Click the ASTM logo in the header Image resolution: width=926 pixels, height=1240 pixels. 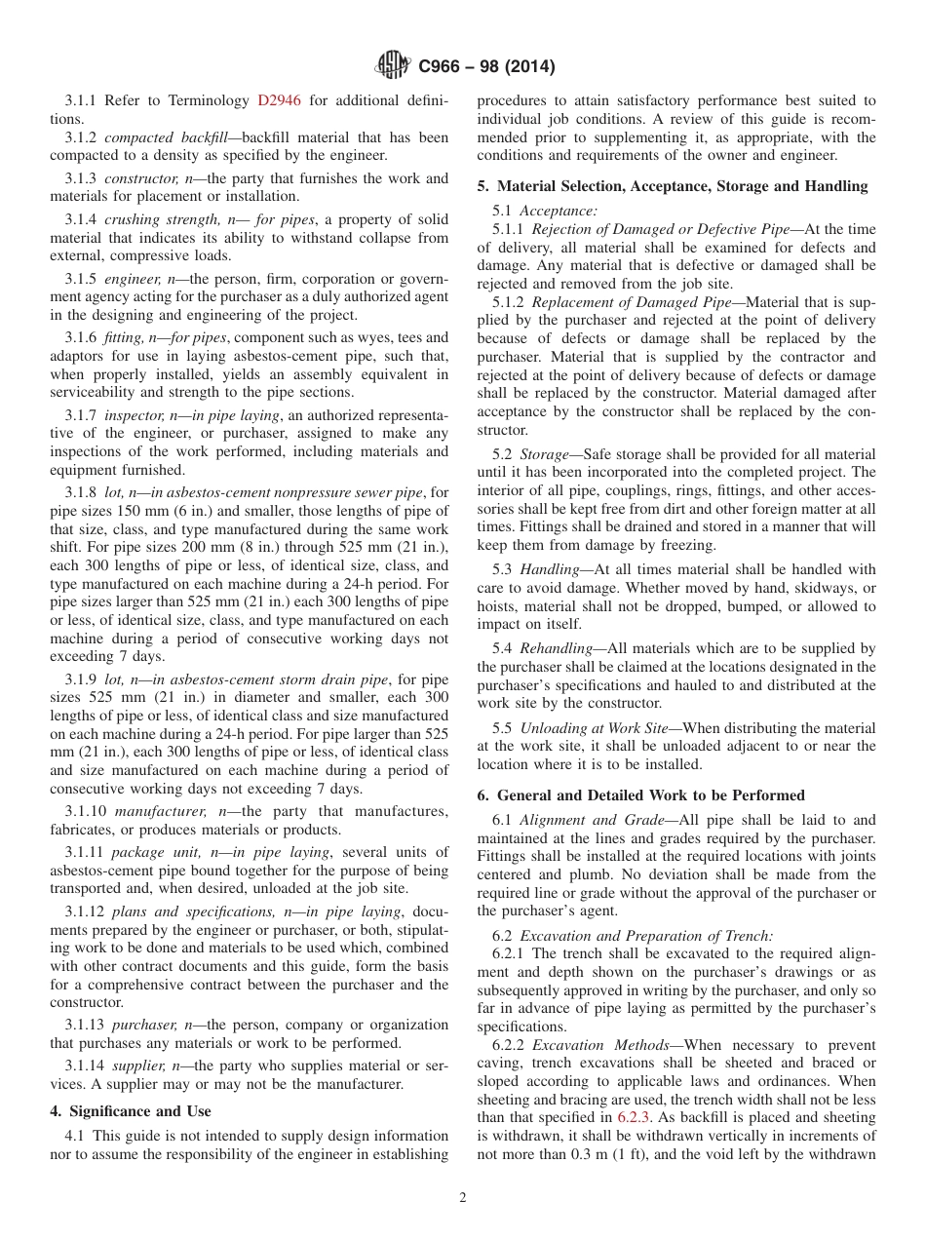pos(394,66)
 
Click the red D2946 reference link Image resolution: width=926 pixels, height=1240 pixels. pos(279,100)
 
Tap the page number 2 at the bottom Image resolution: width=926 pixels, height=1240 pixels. pos(463,1199)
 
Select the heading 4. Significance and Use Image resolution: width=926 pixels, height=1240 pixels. pos(130,1111)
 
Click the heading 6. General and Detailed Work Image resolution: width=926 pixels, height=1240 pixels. pos(641,795)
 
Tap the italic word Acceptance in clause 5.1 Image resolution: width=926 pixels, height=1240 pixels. pos(559,211)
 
